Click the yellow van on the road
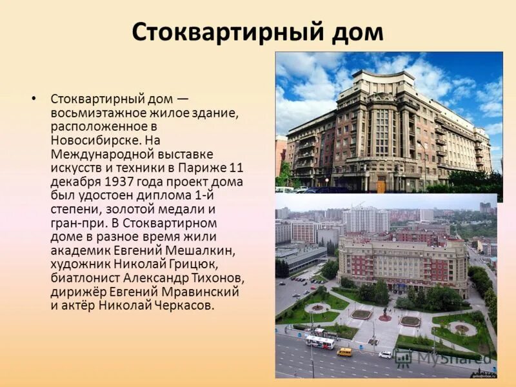(345, 352)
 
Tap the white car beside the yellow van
(385, 354)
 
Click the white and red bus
(319, 342)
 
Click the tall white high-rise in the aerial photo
(365, 219)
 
